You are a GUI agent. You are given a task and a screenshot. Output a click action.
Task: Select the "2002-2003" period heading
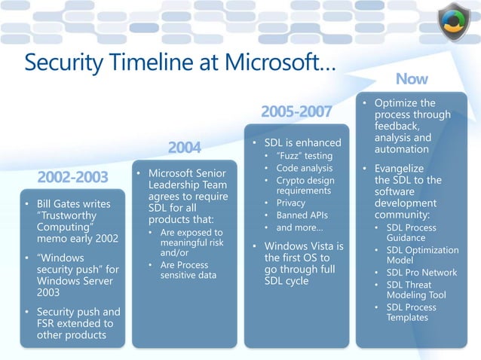click(x=72, y=178)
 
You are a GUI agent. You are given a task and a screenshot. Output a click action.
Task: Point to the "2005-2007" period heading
click(x=296, y=112)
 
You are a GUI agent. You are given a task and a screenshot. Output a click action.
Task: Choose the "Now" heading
click(x=412, y=78)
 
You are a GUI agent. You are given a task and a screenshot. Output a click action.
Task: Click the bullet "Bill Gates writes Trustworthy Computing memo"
click(x=72, y=221)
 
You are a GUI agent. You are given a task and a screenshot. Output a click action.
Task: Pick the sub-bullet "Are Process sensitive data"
click(x=188, y=270)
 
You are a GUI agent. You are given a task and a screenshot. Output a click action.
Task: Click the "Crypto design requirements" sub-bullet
click(x=305, y=185)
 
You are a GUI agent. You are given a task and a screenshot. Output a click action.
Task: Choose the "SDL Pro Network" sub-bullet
click(x=421, y=273)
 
